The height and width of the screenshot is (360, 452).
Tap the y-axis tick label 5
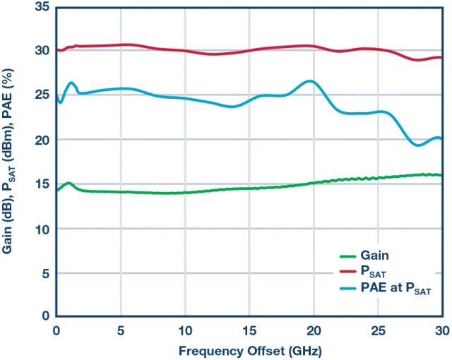click(45, 272)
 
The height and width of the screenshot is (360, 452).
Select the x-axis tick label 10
click(185, 330)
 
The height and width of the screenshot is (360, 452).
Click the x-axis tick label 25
click(378, 330)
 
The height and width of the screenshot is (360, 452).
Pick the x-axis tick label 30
click(442, 330)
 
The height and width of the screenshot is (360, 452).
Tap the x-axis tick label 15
click(249, 330)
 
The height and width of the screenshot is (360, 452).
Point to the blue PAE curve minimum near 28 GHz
click(417, 145)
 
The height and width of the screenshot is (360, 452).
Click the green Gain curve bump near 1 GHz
click(69, 184)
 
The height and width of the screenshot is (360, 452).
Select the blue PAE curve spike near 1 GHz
click(71, 83)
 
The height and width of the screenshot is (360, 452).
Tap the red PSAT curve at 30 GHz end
click(441, 58)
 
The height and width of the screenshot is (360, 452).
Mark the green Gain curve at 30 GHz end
click(441, 175)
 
